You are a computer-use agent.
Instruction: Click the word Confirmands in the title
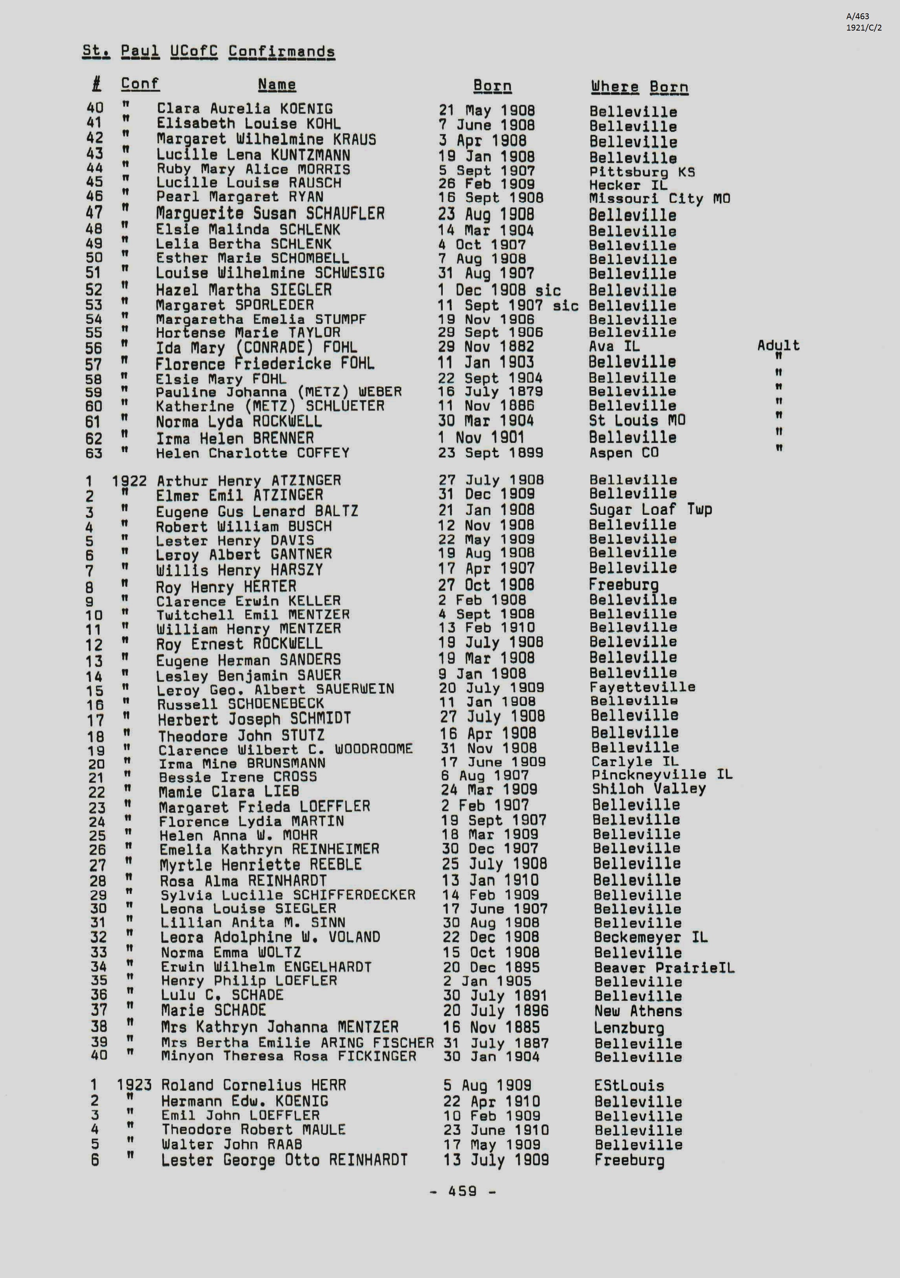click(282, 52)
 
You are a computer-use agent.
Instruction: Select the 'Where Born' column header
click(639, 87)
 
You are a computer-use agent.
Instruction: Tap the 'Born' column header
click(492, 86)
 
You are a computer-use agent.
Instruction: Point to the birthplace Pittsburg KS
click(642, 172)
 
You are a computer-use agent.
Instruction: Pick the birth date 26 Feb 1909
click(487, 184)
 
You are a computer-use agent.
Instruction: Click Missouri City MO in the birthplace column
click(659, 199)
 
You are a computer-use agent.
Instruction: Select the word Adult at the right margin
click(778, 346)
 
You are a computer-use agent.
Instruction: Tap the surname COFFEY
click(323, 453)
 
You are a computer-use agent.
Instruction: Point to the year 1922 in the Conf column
click(129, 480)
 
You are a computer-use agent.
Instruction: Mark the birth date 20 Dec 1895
click(491, 967)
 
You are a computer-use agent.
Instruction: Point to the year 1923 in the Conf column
click(134, 1085)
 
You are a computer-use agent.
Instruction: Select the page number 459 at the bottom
click(462, 1191)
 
